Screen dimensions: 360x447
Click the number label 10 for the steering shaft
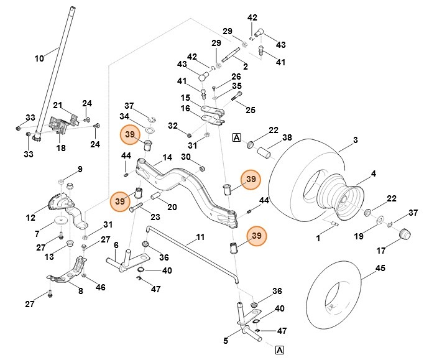point(39,58)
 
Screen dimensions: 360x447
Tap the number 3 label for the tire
point(355,141)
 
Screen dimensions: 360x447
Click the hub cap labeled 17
point(405,234)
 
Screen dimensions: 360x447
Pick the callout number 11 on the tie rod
point(200,237)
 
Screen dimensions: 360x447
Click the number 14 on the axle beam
point(166,158)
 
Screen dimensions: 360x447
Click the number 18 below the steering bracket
point(61,148)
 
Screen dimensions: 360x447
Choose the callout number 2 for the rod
point(245,66)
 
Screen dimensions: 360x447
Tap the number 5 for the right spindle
point(226,341)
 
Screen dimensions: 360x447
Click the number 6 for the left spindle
point(116,246)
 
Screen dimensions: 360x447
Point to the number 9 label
point(80,169)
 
